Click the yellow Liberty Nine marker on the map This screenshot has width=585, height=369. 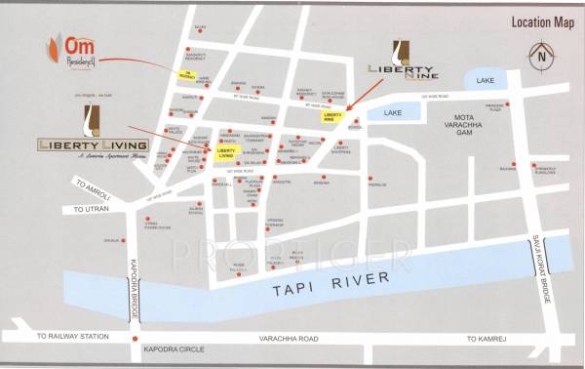[x=334, y=116]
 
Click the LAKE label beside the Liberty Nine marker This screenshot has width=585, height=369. [x=393, y=113]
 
